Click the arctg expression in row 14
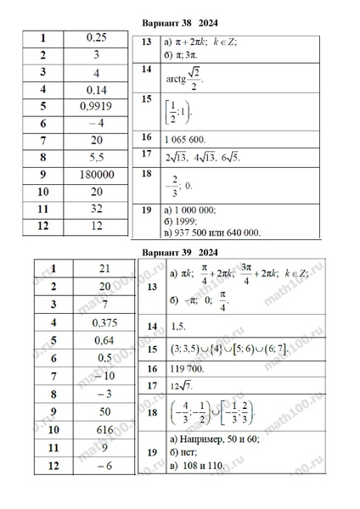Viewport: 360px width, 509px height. [183, 80]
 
